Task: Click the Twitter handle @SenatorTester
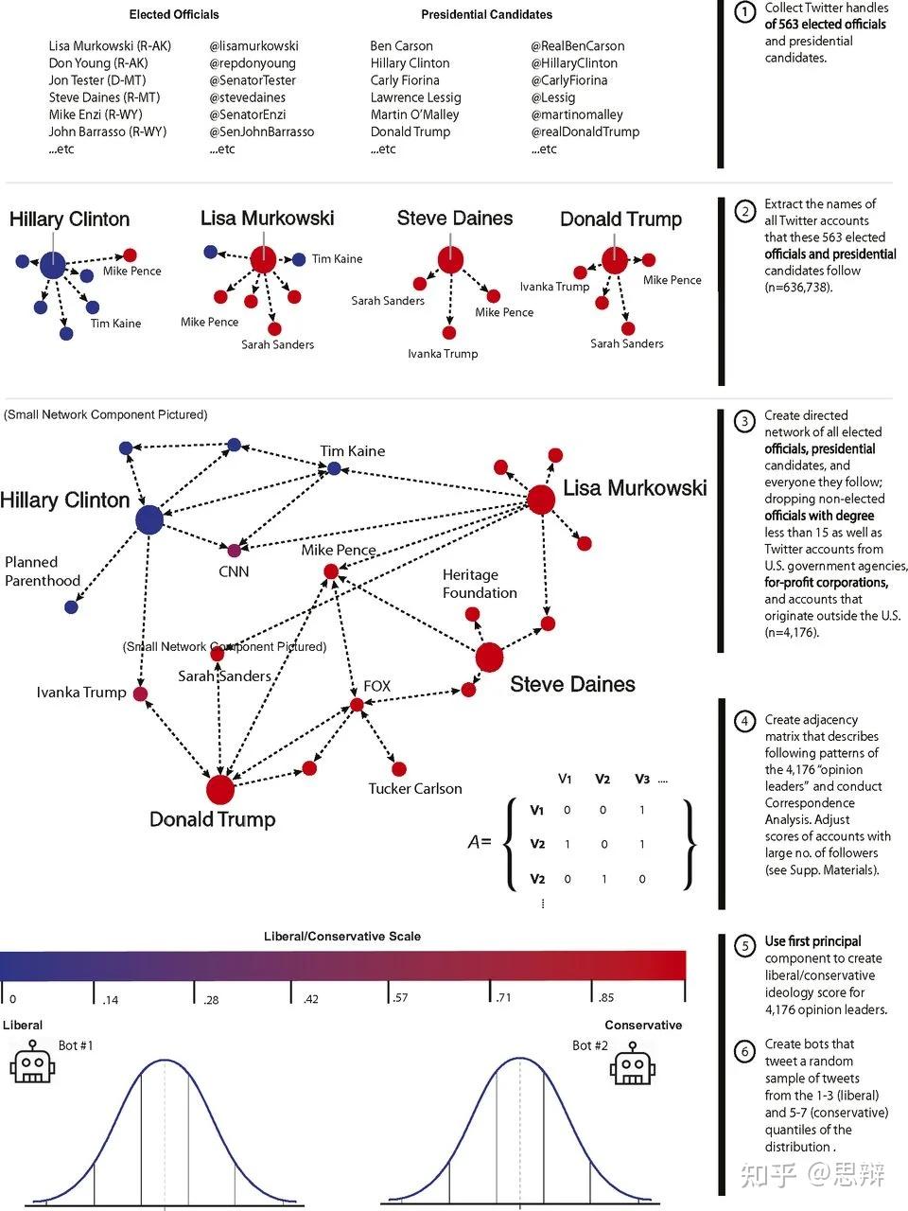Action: (253, 80)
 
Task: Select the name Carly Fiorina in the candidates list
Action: (405, 80)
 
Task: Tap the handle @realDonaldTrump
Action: (585, 132)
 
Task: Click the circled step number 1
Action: (744, 12)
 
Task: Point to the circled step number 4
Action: (744, 721)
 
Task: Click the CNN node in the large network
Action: (235, 550)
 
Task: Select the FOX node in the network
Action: (357, 705)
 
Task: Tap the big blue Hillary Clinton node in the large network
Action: (149, 519)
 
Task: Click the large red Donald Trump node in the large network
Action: (220, 789)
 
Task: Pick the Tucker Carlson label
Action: (415, 788)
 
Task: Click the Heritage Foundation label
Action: (480, 584)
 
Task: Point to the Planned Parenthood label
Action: (43, 571)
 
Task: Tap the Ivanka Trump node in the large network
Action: (141, 693)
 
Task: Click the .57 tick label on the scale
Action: (400, 997)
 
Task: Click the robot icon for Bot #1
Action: (32, 1062)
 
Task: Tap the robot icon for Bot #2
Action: (633, 1063)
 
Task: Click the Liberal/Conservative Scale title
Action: (342, 937)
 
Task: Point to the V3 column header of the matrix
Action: (641, 779)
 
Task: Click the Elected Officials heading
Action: (174, 15)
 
